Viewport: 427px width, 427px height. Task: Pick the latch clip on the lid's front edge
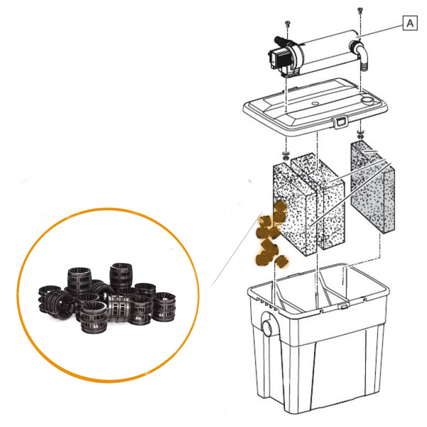coord(340,122)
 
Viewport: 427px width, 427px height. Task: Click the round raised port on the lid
coord(367,100)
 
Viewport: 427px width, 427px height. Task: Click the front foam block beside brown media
coord(294,208)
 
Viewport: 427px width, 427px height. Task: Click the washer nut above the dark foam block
coord(360,135)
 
